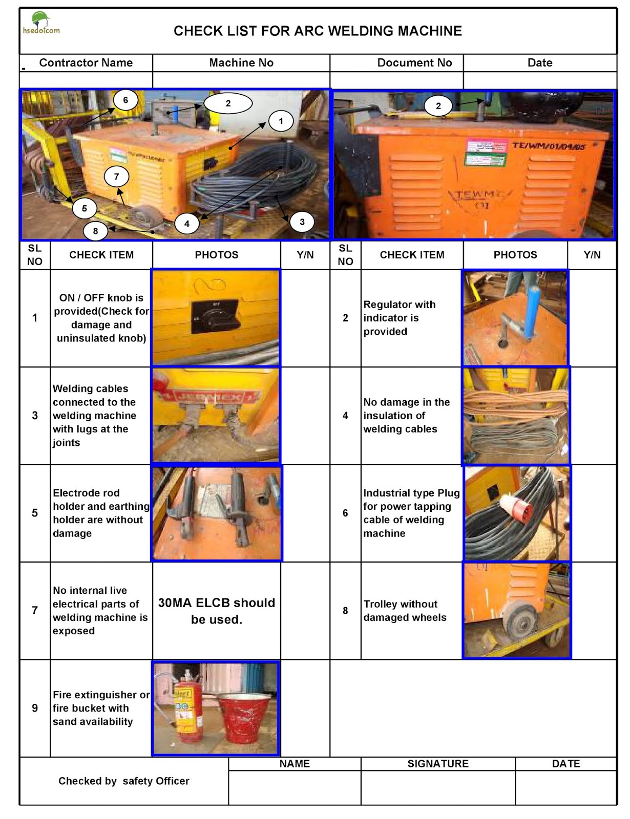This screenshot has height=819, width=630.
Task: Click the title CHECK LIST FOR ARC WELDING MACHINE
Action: pos(318,31)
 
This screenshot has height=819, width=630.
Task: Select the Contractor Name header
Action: pos(86,63)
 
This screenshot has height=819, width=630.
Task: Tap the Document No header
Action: pos(414,63)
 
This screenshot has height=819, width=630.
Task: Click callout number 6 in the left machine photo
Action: pos(125,100)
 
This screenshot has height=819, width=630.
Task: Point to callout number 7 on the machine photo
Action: pos(116,177)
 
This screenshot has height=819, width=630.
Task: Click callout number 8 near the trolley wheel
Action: pos(95,231)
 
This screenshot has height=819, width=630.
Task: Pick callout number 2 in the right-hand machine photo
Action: pos(438,106)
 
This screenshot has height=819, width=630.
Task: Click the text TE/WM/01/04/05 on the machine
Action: pos(548,146)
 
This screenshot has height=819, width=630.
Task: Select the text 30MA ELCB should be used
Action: pos(217,611)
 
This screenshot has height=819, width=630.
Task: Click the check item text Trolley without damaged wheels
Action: pos(405,611)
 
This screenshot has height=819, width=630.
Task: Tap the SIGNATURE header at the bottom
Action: pos(438,764)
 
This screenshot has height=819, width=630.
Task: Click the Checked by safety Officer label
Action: pos(124,781)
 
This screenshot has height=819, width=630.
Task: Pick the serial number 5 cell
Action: pos(35,513)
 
